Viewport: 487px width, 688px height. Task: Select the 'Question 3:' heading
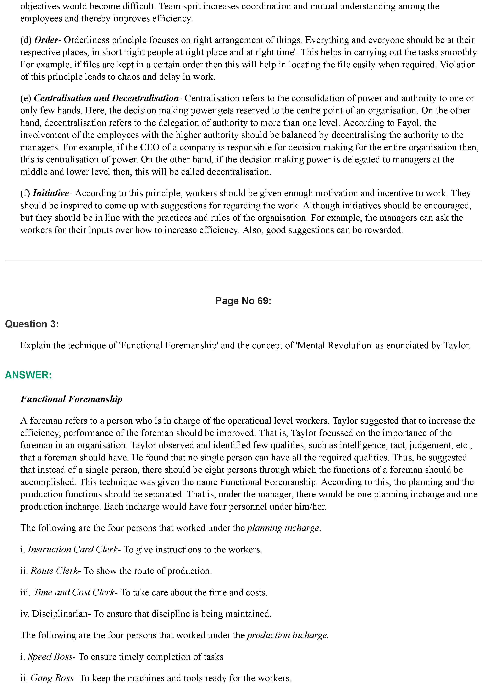[x=32, y=324]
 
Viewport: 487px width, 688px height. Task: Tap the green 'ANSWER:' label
[x=28, y=375]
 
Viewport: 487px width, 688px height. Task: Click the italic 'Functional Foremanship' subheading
[x=72, y=399]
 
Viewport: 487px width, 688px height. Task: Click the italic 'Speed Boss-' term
[x=52, y=657]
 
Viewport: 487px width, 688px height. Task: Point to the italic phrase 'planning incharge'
[x=283, y=528]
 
